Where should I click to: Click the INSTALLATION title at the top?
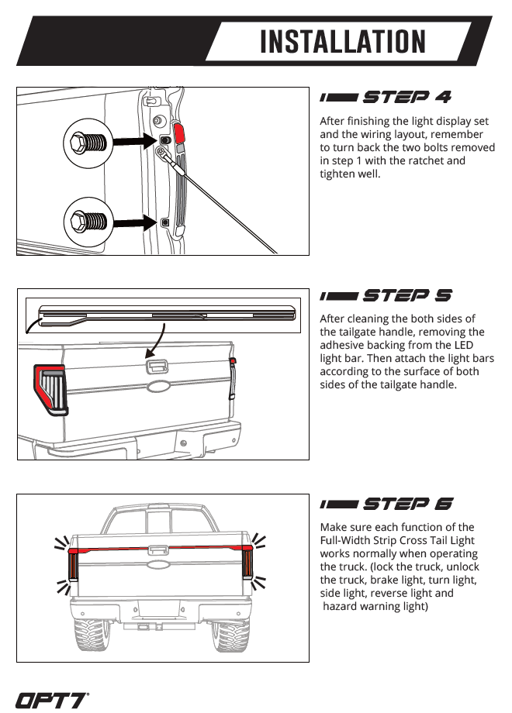[343, 41]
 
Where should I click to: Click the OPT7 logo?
[52, 701]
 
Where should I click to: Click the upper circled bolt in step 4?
[88, 143]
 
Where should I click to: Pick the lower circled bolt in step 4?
[88, 222]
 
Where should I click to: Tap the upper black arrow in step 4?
[135, 141]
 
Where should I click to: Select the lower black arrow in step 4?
[135, 223]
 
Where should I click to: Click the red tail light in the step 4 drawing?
[179, 133]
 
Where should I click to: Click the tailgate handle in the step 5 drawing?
[157, 366]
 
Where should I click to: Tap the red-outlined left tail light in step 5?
[50, 389]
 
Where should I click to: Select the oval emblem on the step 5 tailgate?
[158, 387]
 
